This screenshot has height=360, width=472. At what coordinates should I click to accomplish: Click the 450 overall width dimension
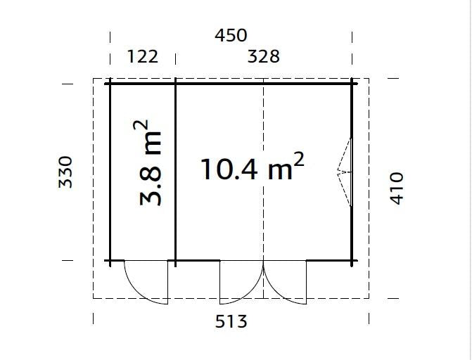(x=231, y=35)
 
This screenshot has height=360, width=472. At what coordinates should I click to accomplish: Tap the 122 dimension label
(x=143, y=56)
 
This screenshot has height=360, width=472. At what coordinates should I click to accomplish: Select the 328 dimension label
(x=263, y=56)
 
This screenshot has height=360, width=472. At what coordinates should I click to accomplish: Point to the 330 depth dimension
(x=65, y=172)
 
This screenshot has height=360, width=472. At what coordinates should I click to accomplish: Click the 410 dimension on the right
(x=396, y=188)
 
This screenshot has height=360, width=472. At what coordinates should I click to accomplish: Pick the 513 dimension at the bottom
(x=231, y=321)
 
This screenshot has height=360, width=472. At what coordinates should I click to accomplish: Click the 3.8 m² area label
(x=148, y=163)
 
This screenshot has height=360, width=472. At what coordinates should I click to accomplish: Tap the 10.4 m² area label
(x=253, y=167)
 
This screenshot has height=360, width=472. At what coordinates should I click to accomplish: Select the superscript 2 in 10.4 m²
(x=299, y=160)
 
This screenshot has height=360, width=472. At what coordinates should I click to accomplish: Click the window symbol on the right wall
(x=345, y=172)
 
